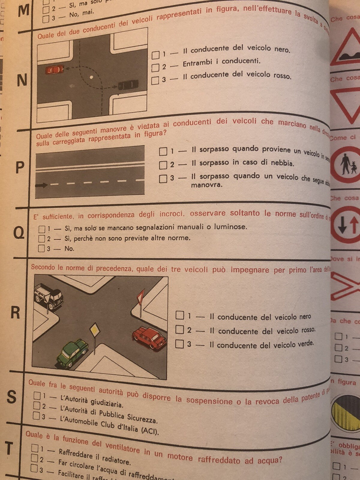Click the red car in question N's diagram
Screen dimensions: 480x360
pos(55,70)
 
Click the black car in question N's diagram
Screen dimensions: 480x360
pos(128,85)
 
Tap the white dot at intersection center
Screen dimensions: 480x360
pos(91,78)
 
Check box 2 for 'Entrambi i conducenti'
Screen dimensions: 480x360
pos(155,68)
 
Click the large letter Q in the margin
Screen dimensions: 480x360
pos(19,232)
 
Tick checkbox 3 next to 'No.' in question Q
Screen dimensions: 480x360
pos(41,248)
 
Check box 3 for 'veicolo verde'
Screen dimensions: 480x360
pos(179,344)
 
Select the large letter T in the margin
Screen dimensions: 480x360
pos(9,448)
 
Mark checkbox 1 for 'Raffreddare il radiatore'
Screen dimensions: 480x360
pos(35,448)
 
